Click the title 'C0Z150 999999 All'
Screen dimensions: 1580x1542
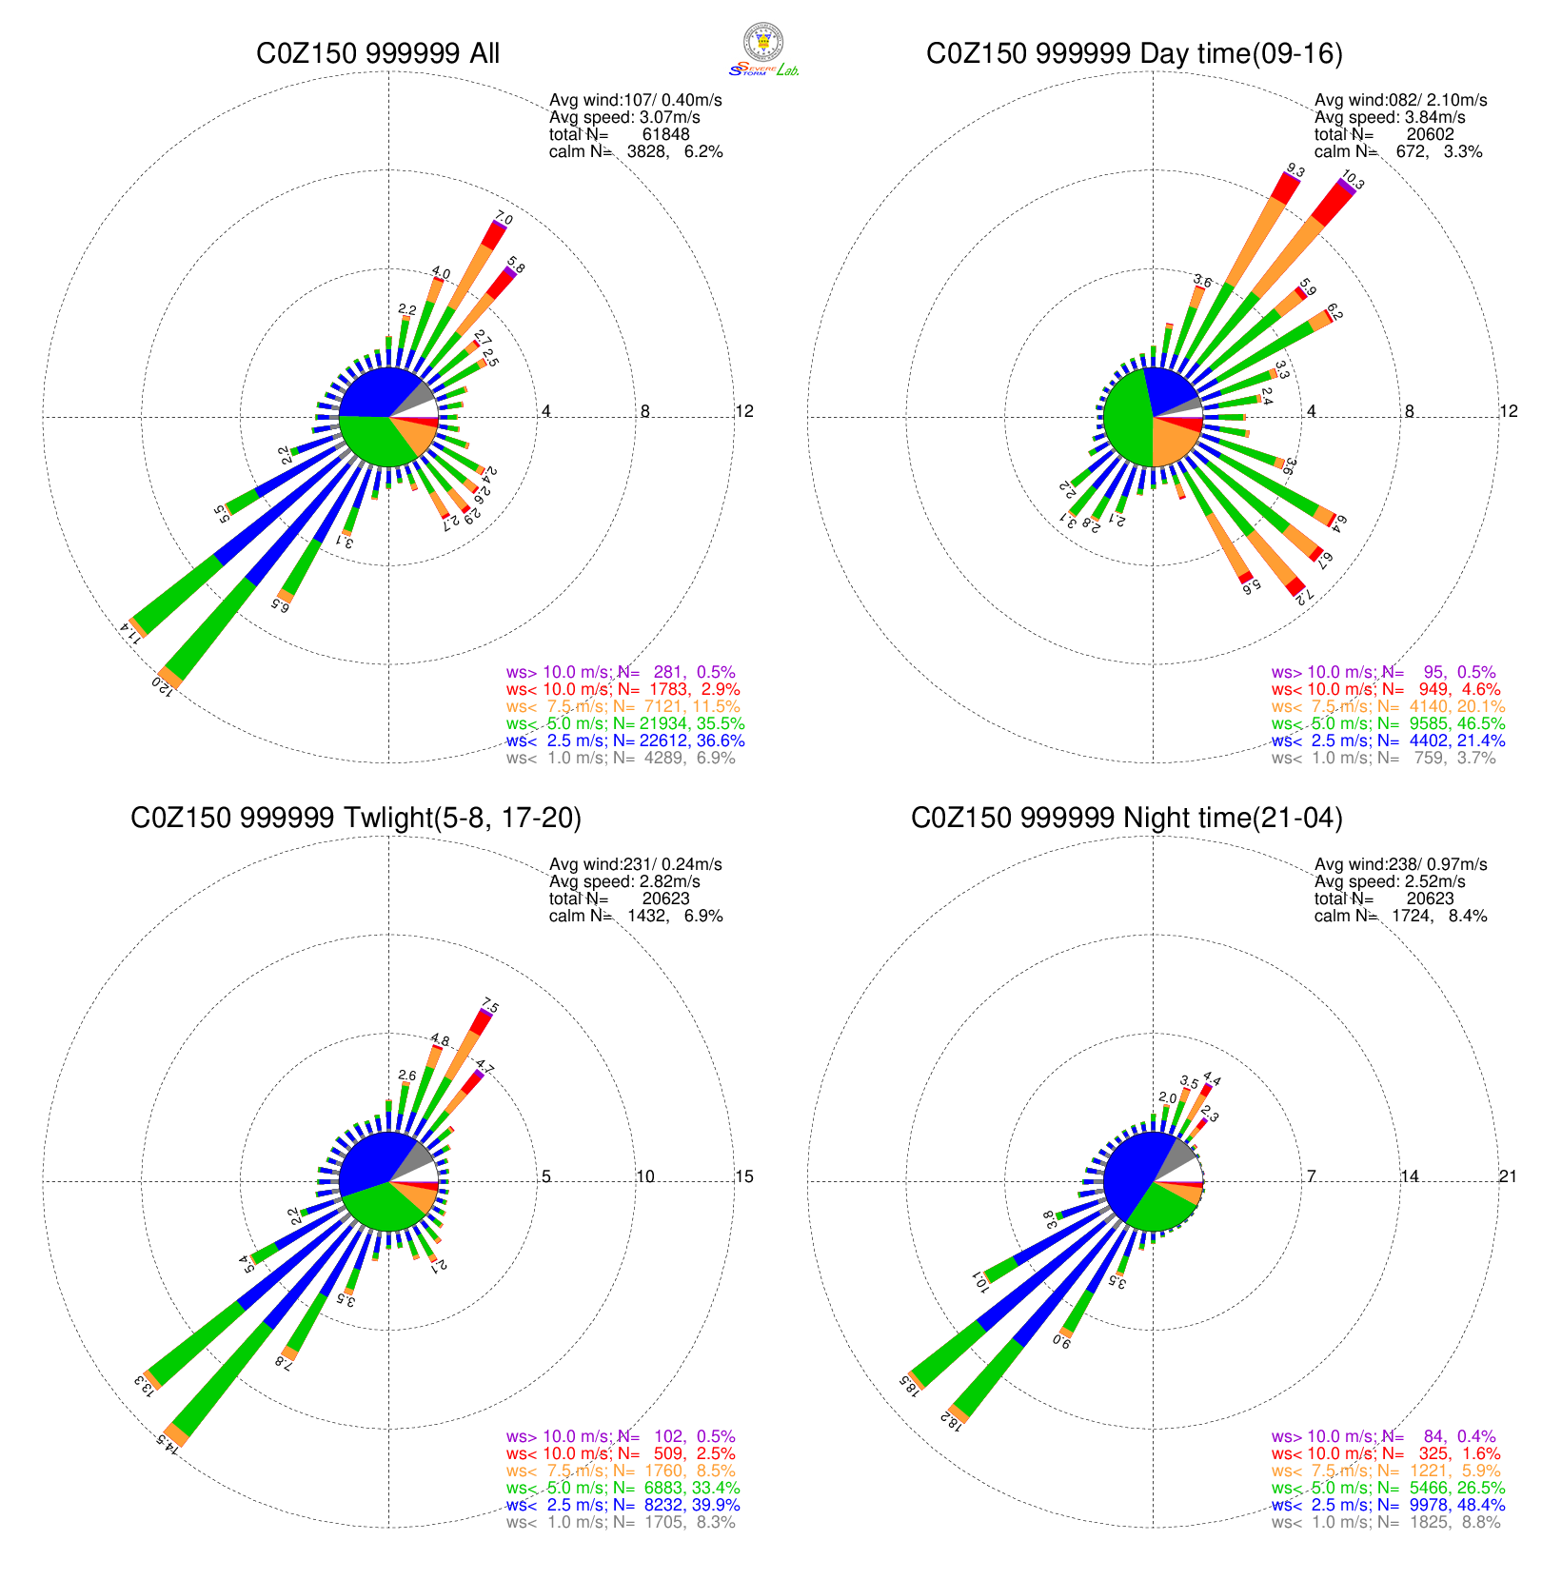(378, 53)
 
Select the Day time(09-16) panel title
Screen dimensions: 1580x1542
(1135, 53)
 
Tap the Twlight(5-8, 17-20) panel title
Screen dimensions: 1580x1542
(356, 818)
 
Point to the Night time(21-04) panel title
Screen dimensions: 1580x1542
(1127, 818)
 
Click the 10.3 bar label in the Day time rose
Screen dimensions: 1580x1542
(1352, 180)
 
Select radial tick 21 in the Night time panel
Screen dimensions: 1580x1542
(1508, 1176)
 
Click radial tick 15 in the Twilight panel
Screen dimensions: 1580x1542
(743, 1176)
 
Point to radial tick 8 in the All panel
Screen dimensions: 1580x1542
(645, 411)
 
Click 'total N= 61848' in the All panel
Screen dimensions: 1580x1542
(620, 134)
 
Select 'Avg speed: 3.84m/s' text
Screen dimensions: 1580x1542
(1390, 117)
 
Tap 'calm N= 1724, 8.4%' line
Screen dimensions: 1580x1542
(1400, 916)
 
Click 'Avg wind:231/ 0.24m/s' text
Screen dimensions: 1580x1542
(635, 864)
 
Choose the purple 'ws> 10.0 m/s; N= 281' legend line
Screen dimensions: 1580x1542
(621, 672)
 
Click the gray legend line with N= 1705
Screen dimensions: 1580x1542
(621, 1522)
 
